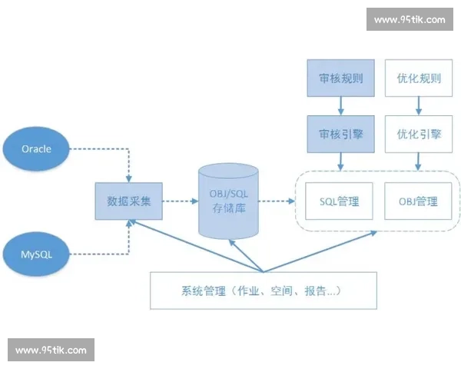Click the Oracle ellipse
36,148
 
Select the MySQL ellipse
36,252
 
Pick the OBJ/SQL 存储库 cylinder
229,201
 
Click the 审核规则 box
341,78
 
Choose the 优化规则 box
419,78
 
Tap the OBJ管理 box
418,201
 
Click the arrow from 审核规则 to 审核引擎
341,106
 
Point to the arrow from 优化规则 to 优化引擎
419,106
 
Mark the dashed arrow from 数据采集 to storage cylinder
180,202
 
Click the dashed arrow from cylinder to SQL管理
278,202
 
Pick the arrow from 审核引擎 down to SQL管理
341,161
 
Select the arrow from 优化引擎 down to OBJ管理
419,161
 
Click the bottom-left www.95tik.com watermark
51,350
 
